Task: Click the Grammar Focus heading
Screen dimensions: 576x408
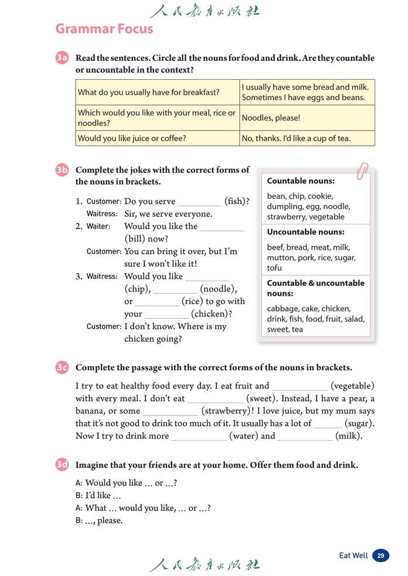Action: point(104,29)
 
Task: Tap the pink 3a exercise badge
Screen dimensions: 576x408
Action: point(62,58)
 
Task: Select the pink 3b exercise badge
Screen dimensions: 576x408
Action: point(62,170)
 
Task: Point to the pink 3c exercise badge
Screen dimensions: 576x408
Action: point(62,367)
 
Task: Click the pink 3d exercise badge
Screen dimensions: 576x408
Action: point(62,465)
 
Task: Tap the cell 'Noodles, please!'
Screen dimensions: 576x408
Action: point(271,118)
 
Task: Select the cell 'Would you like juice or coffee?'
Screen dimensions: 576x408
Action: point(132,139)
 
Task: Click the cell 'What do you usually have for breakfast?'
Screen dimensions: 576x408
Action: point(149,93)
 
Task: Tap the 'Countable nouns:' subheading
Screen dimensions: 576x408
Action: point(301,181)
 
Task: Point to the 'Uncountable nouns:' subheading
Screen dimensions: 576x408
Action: point(305,232)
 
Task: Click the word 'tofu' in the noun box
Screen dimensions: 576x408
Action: point(274,268)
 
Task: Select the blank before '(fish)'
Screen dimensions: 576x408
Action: point(199,202)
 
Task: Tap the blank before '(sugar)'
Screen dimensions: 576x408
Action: point(327,424)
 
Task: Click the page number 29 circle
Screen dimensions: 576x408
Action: point(380,555)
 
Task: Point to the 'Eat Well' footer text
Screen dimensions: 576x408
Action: point(353,555)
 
